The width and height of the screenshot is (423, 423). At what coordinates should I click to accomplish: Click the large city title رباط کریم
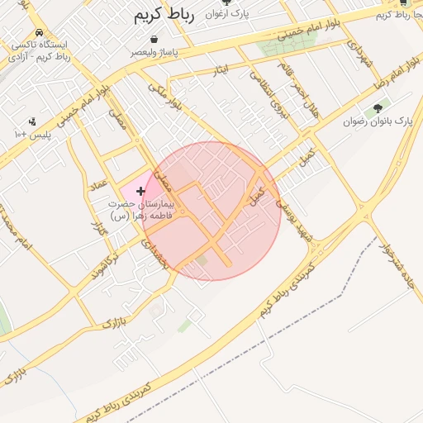[162, 15]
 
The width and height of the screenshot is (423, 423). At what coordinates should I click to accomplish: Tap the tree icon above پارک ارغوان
[227, 2]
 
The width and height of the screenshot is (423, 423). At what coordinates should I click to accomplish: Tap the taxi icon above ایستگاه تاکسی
[39, 32]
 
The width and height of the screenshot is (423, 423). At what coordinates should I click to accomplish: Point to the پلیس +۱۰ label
[32, 134]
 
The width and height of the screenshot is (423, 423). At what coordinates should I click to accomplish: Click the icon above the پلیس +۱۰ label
[32, 121]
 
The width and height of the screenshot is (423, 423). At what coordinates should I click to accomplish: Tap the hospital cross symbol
[140, 191]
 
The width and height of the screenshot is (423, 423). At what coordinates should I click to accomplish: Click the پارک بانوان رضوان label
[378, 121]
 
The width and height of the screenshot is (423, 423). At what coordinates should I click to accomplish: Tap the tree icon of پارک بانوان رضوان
[379, 107]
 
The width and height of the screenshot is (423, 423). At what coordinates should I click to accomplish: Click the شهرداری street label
[360, 54]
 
